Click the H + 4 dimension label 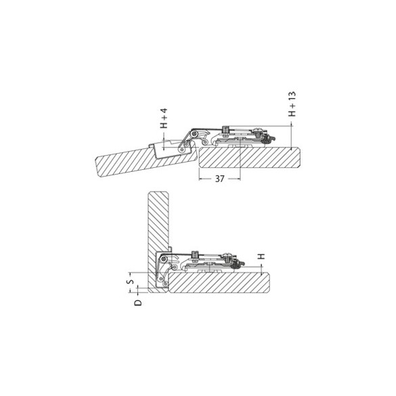[x=163, y=118]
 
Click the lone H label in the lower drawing [x=259, y=258]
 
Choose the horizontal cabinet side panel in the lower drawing [x=223, y=284]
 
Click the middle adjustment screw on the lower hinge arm [x=196, y=255]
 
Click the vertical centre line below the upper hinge [x=241, y=162]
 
